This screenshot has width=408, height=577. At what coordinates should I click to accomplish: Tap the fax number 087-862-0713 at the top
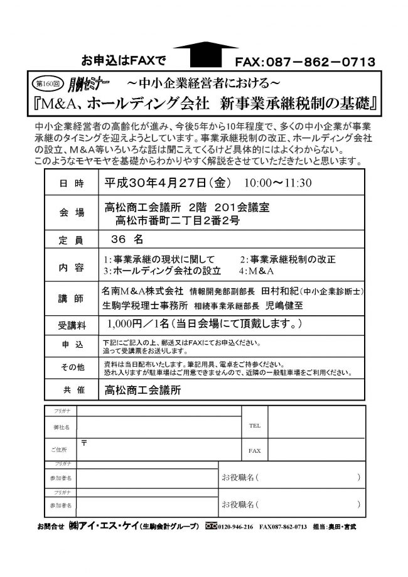pos(306,62)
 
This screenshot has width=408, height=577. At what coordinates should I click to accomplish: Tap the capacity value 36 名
pos(128,240)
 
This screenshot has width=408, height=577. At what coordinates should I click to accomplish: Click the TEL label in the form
pos(254,425)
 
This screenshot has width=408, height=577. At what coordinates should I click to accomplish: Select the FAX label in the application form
pos(254,450)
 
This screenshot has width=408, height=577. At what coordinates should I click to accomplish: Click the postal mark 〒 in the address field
pos(83,442)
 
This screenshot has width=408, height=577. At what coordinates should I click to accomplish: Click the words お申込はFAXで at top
pos(119,61)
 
